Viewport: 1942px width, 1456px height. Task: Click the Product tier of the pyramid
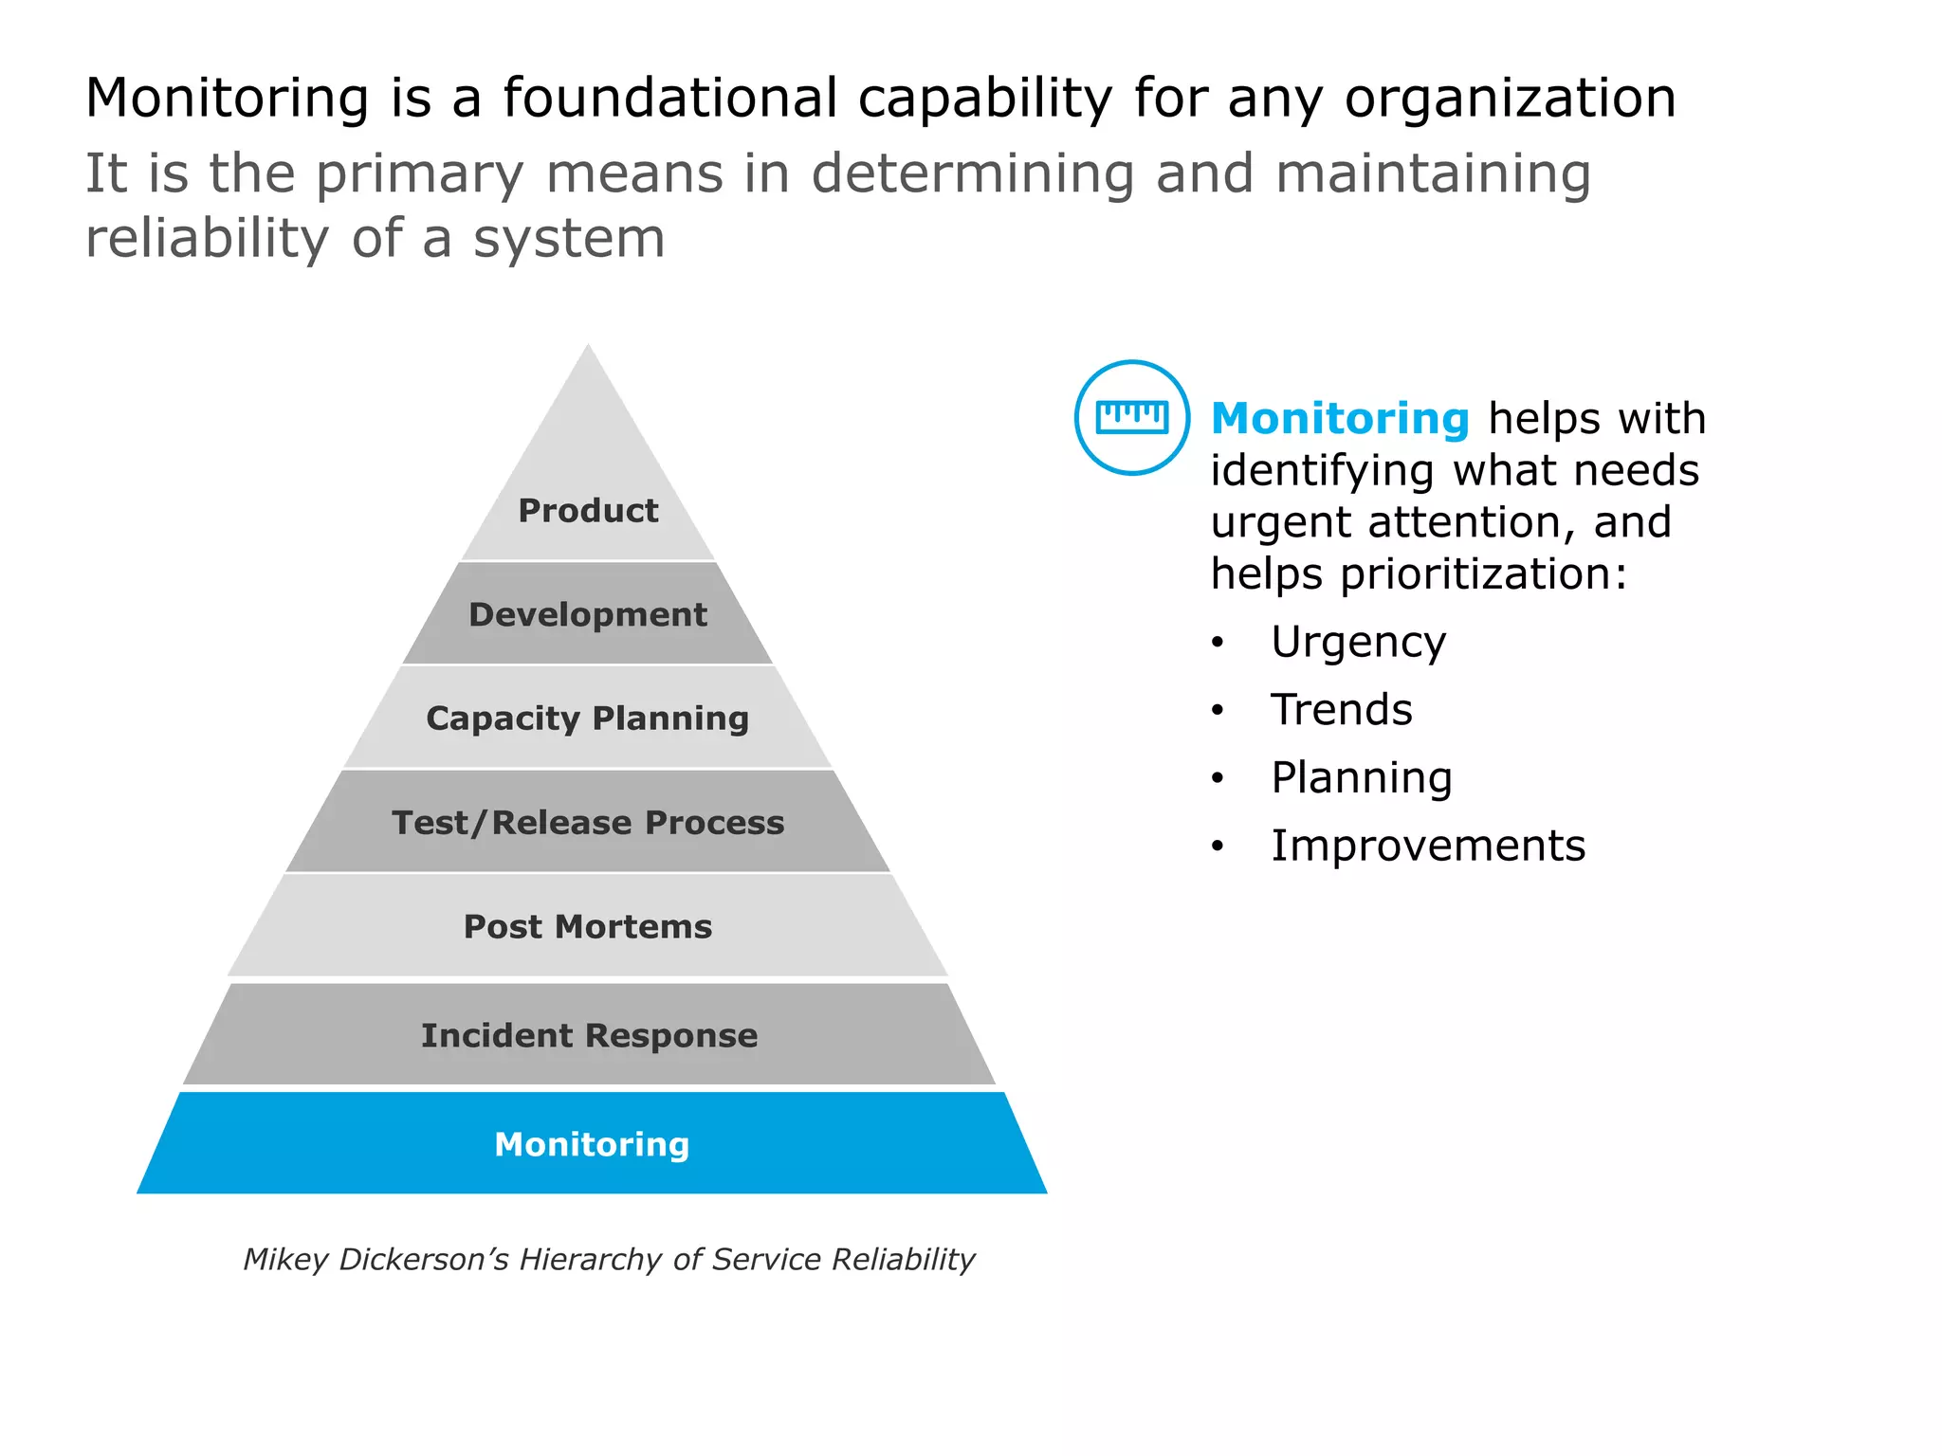[588, 510]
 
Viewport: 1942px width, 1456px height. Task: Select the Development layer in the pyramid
[588, 614]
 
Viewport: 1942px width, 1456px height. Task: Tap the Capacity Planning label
[588, 719]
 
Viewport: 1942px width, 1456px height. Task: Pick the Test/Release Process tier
[588, 823]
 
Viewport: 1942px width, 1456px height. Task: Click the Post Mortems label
[588, 926]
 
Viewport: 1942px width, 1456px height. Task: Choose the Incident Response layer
[589, 1035]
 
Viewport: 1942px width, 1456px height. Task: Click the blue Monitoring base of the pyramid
[592, 1144]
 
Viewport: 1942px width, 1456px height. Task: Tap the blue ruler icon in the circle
[1131, 417]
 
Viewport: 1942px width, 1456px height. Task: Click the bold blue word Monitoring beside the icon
[1340, 418]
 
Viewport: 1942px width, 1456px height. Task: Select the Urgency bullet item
[1358, 643]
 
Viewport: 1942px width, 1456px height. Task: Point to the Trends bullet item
[1341, 710]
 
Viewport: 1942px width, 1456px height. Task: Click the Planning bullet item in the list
[1361, 778]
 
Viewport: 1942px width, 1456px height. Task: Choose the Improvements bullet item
[1427, 846]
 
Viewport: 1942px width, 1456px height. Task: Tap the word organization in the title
[1510, 100]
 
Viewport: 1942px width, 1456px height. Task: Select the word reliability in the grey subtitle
[207, 238]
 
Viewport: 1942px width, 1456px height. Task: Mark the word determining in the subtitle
[972, 174]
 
